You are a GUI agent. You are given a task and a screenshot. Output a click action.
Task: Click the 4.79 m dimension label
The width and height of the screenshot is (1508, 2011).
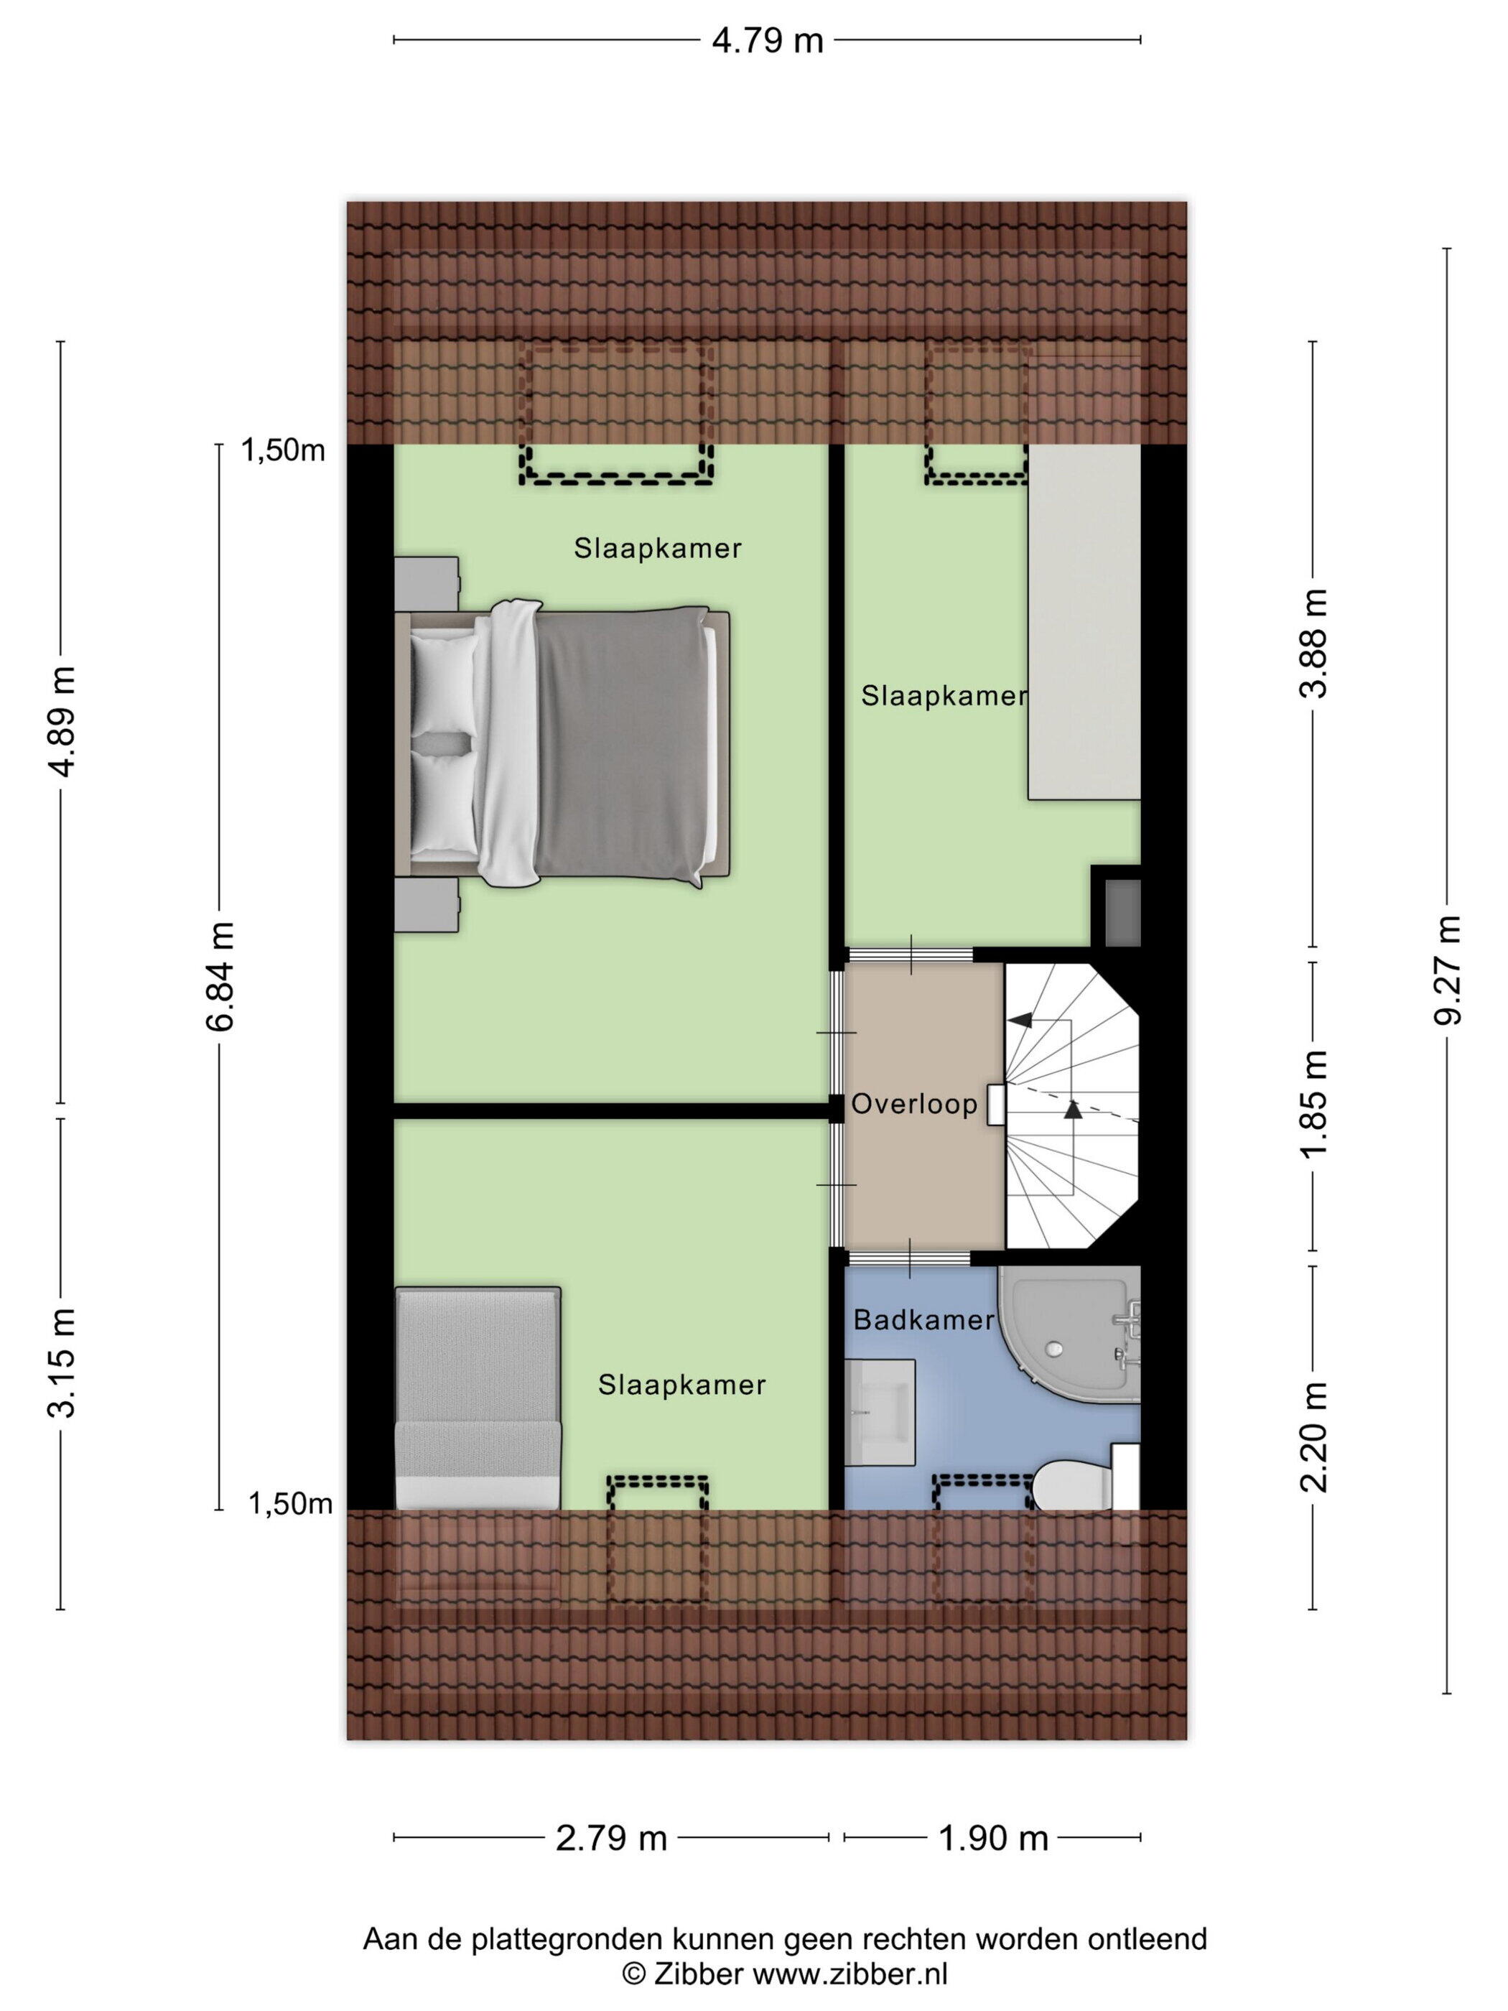[766, 41]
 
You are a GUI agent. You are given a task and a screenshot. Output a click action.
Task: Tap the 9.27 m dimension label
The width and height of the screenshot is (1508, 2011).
[1446, 970]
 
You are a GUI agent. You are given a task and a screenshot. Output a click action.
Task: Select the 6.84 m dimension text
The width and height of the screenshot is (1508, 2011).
[220, 976]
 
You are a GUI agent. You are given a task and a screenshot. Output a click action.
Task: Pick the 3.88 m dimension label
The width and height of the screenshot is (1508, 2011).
[1313, 643]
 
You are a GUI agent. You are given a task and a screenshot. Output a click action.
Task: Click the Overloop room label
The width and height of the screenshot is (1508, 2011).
[913, 1104]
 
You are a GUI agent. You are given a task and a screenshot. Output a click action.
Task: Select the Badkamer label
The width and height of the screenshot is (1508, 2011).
[923, 1320]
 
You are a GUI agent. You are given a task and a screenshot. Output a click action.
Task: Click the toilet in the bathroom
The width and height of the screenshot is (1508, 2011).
[1085, 1485]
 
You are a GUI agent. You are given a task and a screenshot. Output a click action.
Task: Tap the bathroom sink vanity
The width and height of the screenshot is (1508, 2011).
[879, 1412]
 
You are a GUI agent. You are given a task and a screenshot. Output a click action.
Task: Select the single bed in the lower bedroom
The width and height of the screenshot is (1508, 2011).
[478, 1398]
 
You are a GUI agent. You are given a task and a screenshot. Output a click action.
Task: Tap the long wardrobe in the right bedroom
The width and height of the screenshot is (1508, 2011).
[1084, 622]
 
